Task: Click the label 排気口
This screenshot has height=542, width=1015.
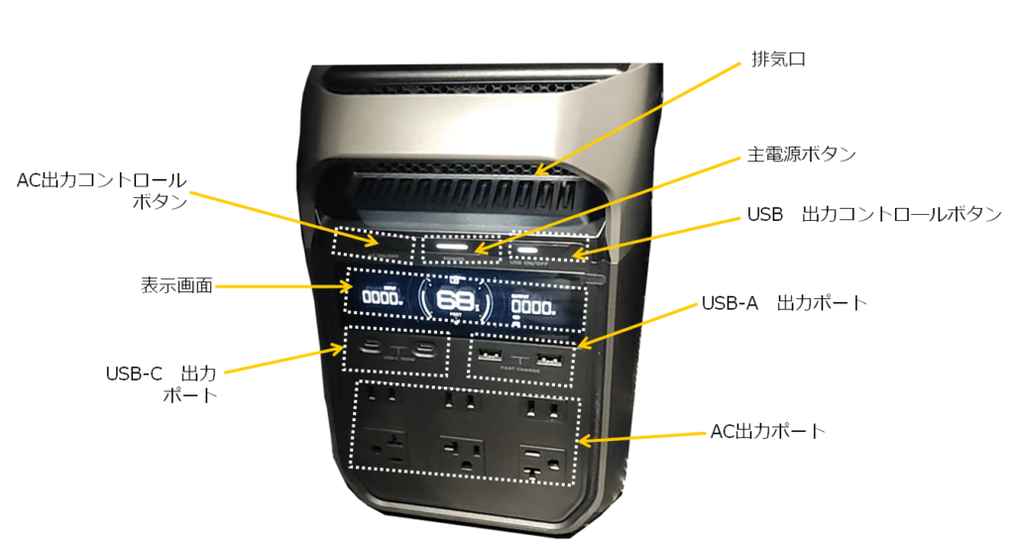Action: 778,59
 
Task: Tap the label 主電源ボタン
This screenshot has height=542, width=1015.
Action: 800,156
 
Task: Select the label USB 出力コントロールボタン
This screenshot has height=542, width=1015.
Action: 873,214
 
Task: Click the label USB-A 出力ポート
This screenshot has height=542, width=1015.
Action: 784,301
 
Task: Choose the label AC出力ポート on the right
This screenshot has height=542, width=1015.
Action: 768,432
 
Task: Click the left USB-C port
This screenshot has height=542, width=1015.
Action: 370,349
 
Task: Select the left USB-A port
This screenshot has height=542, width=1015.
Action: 489,354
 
